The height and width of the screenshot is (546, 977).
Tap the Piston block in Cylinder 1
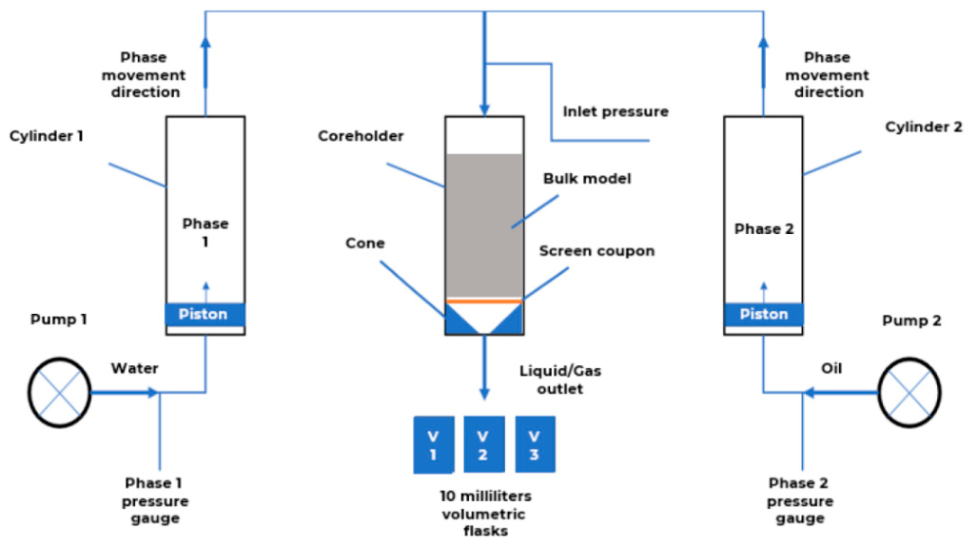tap(205, 314)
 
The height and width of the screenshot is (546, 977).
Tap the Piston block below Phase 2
tap(763, 314)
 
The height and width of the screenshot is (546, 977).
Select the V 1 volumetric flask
tap(434, 445)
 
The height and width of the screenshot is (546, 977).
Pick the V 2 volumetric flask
tap(484, 444)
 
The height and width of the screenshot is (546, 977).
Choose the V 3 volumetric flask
tap(536, 444)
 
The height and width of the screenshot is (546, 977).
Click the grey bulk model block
tap(484, 225)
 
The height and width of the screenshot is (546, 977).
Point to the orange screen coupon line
tap(484, 301)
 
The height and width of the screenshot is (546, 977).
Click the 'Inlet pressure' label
tap(616, 111)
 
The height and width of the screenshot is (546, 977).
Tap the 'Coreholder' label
tap(361, 136)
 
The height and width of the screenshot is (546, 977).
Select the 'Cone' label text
tap(365, 244)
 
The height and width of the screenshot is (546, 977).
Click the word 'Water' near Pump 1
tap(134, 368)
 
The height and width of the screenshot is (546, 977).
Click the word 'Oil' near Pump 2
tap(831, 368)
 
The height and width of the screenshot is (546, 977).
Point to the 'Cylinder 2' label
tap(924, 127)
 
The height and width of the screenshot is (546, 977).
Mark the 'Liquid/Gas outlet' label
tap(560, 380)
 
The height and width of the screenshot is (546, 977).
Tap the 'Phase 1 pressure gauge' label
tap(154, 500)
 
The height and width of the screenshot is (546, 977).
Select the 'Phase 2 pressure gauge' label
tap(799, 500)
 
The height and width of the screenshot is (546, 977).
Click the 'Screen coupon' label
tap(596, 251)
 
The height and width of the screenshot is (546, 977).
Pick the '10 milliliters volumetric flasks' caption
tap(485, 514)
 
